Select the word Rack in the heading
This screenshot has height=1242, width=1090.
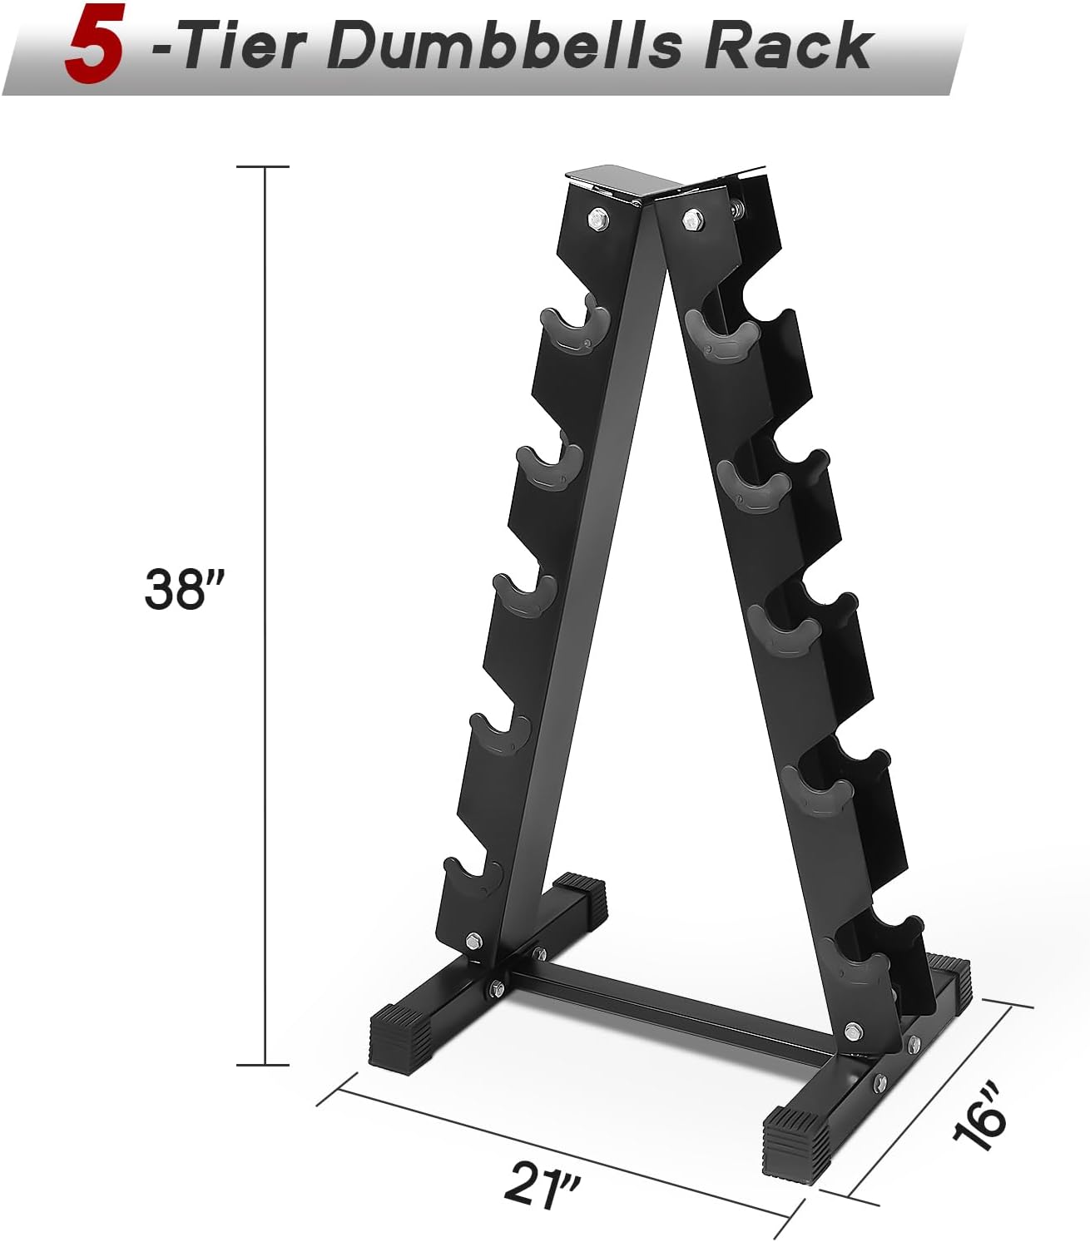click(x=789, y=45)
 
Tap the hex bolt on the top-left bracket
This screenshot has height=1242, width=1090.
click(x=597, y=218)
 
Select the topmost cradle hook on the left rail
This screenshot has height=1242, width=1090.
click(x=575, y=326)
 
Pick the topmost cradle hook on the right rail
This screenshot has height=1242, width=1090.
click(x=722, y=337)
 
